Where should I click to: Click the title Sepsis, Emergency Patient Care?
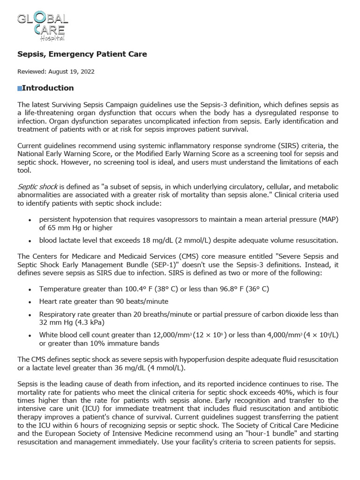click(82, 54)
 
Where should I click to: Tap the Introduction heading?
click(48, 88)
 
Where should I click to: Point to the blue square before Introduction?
click(19, 89)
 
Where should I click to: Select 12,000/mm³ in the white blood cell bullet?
click(165, 335)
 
